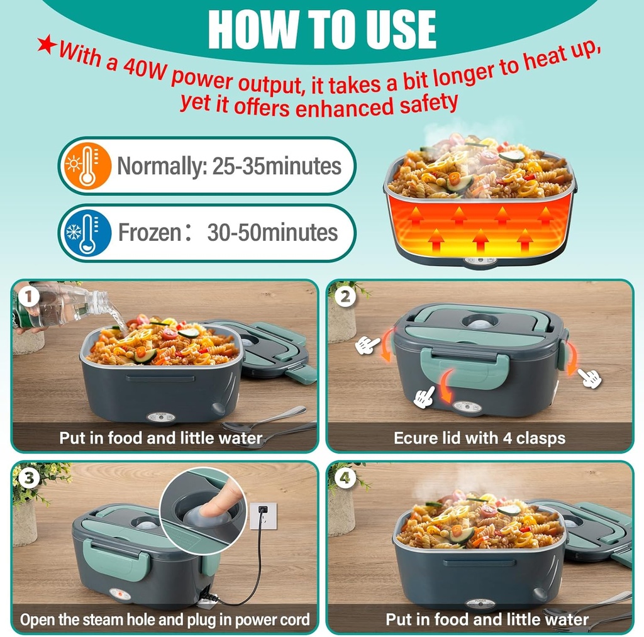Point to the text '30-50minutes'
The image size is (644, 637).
(x=272, y=233)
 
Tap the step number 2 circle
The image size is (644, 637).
(x=345, y=296)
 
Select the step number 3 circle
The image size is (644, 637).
(x=26, y=477)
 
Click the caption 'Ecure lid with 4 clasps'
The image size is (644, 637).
(x=479, y=438)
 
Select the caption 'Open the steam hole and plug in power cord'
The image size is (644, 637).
(x=165, y=619)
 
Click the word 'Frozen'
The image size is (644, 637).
(x=150, y=233)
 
